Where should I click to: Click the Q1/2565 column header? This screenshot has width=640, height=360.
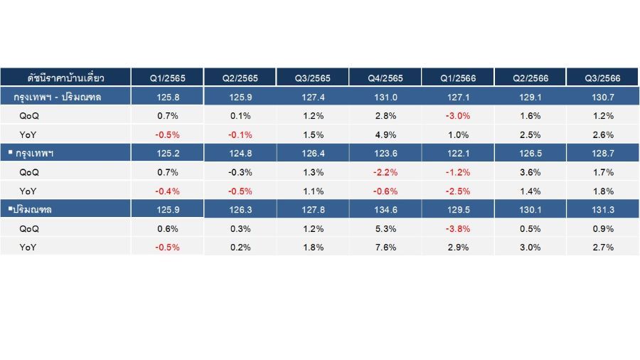[167, 78]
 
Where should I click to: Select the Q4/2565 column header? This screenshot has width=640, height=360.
[385, 78]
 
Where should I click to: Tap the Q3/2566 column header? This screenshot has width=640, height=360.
[603, 78]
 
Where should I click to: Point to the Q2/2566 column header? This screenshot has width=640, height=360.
[530, 78]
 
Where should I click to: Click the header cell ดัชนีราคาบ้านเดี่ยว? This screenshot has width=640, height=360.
[65, 78]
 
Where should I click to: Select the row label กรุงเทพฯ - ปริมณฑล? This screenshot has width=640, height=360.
[57, 97]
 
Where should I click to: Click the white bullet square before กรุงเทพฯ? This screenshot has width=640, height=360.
[11, 152]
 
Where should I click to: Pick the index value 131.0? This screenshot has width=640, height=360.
[385, 97]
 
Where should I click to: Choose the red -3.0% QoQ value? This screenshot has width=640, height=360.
[458, 116]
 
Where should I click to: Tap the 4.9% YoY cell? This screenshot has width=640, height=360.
[385, 134]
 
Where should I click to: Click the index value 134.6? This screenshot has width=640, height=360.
[385, 210]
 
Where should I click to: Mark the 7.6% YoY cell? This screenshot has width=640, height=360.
[385, 248]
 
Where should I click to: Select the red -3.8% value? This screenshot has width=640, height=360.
[458, 228]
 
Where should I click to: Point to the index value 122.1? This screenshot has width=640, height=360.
[458, 154]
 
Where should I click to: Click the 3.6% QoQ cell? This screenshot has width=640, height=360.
[530, 172]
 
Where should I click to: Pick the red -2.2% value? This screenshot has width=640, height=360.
[385, 172]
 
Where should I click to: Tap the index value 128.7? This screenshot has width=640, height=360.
[603, 154]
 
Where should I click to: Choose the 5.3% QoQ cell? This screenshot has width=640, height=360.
[385, 228]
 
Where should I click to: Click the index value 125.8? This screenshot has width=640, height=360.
[168, 97]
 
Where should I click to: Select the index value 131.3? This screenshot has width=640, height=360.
[603, 210]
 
